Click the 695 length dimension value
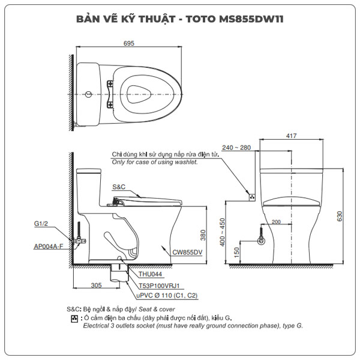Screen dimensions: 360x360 click(128, 43)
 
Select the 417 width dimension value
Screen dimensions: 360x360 click(291, 136)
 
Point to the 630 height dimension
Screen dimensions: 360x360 click(340, 214)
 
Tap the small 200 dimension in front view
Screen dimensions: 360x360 click(276, 222)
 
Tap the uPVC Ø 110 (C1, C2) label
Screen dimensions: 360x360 click(168, 296)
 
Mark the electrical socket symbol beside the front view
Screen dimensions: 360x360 click(253, 196)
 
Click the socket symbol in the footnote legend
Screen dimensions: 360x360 click(74, 318)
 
